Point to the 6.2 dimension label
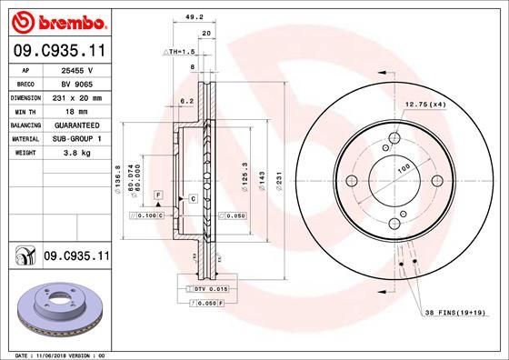(x=188, y=101)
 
